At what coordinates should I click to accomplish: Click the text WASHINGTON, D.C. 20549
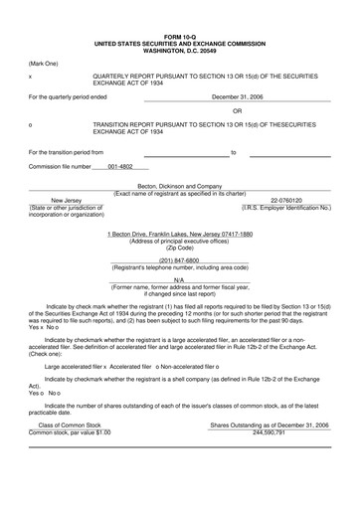(180, 23)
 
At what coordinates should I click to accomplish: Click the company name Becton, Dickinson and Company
(180, 186)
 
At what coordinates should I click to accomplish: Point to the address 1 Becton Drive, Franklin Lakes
(180, 234)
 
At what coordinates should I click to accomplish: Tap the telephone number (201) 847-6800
(180, 260)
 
